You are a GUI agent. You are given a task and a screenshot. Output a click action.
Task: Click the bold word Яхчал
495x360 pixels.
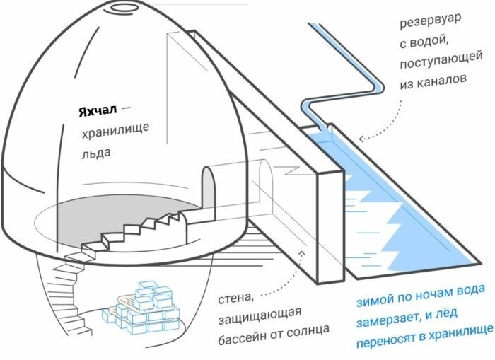(98, 111)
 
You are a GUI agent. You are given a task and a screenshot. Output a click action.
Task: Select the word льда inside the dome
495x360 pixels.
(97, 151)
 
